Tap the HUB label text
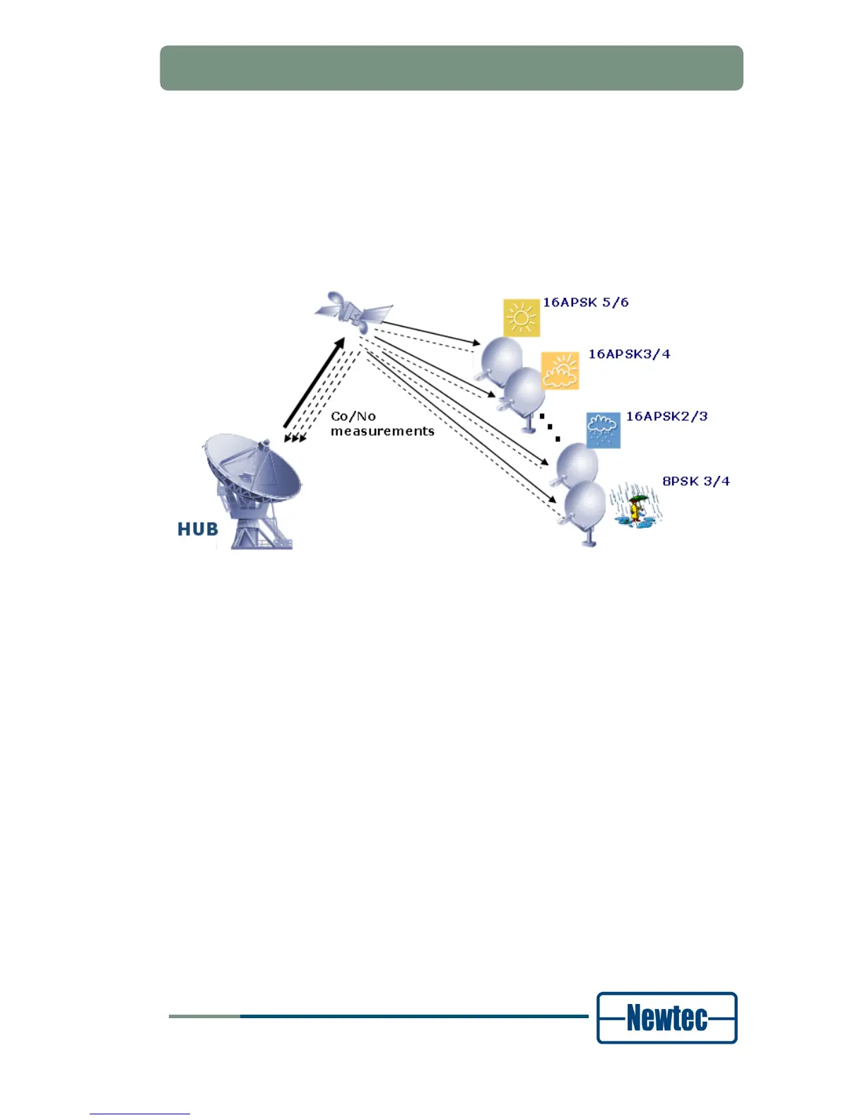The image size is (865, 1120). point(198,529)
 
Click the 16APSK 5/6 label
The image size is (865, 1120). point(585,303)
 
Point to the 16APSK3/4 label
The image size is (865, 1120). point(629,354)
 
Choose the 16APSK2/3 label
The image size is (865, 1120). point(666,416)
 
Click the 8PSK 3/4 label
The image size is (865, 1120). point(695,482)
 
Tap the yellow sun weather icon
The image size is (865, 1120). point(522,317)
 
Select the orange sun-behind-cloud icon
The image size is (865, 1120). point(560,371)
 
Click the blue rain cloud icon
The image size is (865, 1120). point(603,431)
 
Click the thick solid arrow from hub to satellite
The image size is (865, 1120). point(314,383)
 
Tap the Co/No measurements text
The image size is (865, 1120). point(382,424)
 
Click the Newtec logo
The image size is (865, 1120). point(666,1017)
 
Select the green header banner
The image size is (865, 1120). point(451,68)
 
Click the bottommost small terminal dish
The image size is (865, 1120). point(585,508)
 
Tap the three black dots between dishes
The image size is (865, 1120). point(550,427)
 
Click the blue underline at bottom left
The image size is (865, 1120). point(140,1114)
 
